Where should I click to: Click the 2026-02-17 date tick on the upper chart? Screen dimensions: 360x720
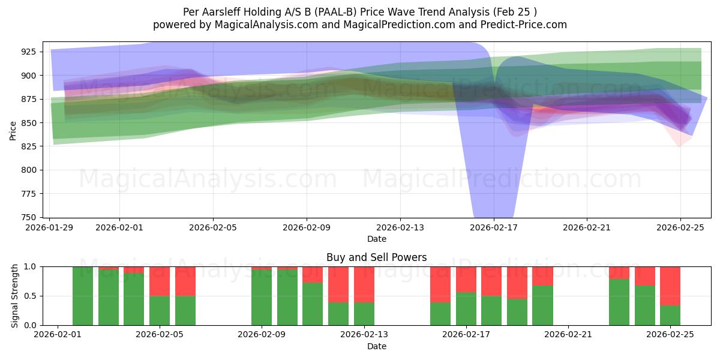493,227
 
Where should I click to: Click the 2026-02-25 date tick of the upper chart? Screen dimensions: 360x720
680,227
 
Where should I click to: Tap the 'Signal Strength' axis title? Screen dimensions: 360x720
14,296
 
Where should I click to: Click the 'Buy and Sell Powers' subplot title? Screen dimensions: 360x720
376,257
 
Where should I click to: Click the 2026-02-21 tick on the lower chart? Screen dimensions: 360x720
568,335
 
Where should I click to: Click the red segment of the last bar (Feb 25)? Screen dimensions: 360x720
670,286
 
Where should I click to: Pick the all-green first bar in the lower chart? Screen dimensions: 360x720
83,296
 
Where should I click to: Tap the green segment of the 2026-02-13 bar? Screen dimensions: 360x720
364,314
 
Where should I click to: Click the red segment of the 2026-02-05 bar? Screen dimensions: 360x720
160,281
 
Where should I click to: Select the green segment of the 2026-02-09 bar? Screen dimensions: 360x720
262,297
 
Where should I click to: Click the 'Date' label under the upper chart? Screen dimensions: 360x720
376,239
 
